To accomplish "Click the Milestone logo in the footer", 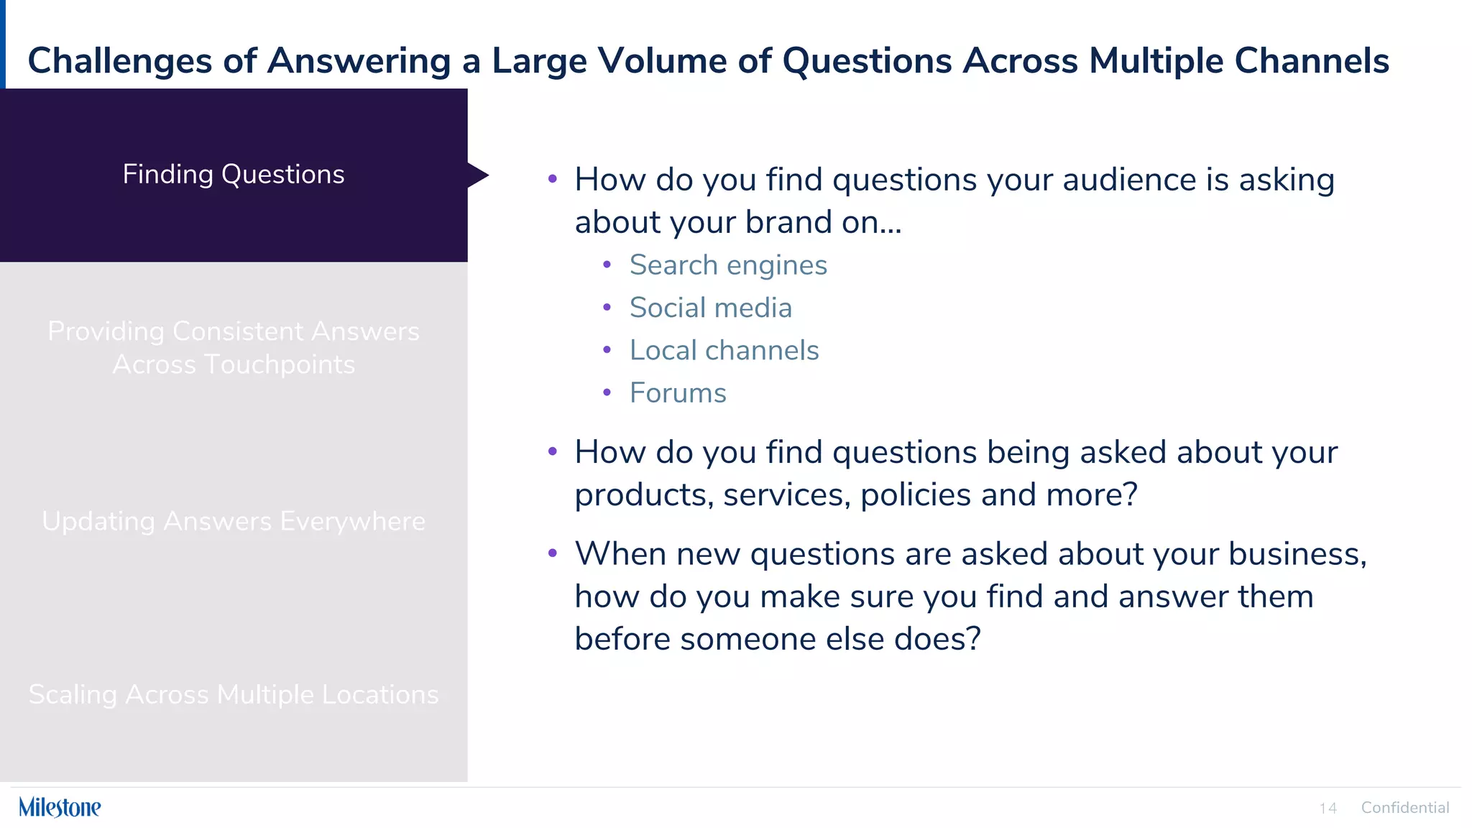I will (x=60, y=807).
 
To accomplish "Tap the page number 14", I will (x=1328, y=809).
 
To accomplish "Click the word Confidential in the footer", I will (x=1404, y=808).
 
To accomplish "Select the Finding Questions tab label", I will (x=234, y=175).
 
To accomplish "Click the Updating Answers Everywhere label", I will (x=234, y=521).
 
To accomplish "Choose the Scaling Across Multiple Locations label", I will (x=234, y=694).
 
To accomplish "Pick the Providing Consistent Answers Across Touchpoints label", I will (x=234, y=348).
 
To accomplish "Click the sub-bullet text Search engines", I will (x=728, y=265).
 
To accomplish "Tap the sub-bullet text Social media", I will (x=711, y=308).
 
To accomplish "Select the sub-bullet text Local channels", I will (x=724, y=351).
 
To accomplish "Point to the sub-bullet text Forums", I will (x=678, y=393).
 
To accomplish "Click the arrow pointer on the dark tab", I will (x=478, y=175).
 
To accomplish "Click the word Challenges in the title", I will (x=119, y=61).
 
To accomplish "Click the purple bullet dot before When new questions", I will (x=552, y=553).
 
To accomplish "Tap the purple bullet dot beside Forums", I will (x=607, y=392).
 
